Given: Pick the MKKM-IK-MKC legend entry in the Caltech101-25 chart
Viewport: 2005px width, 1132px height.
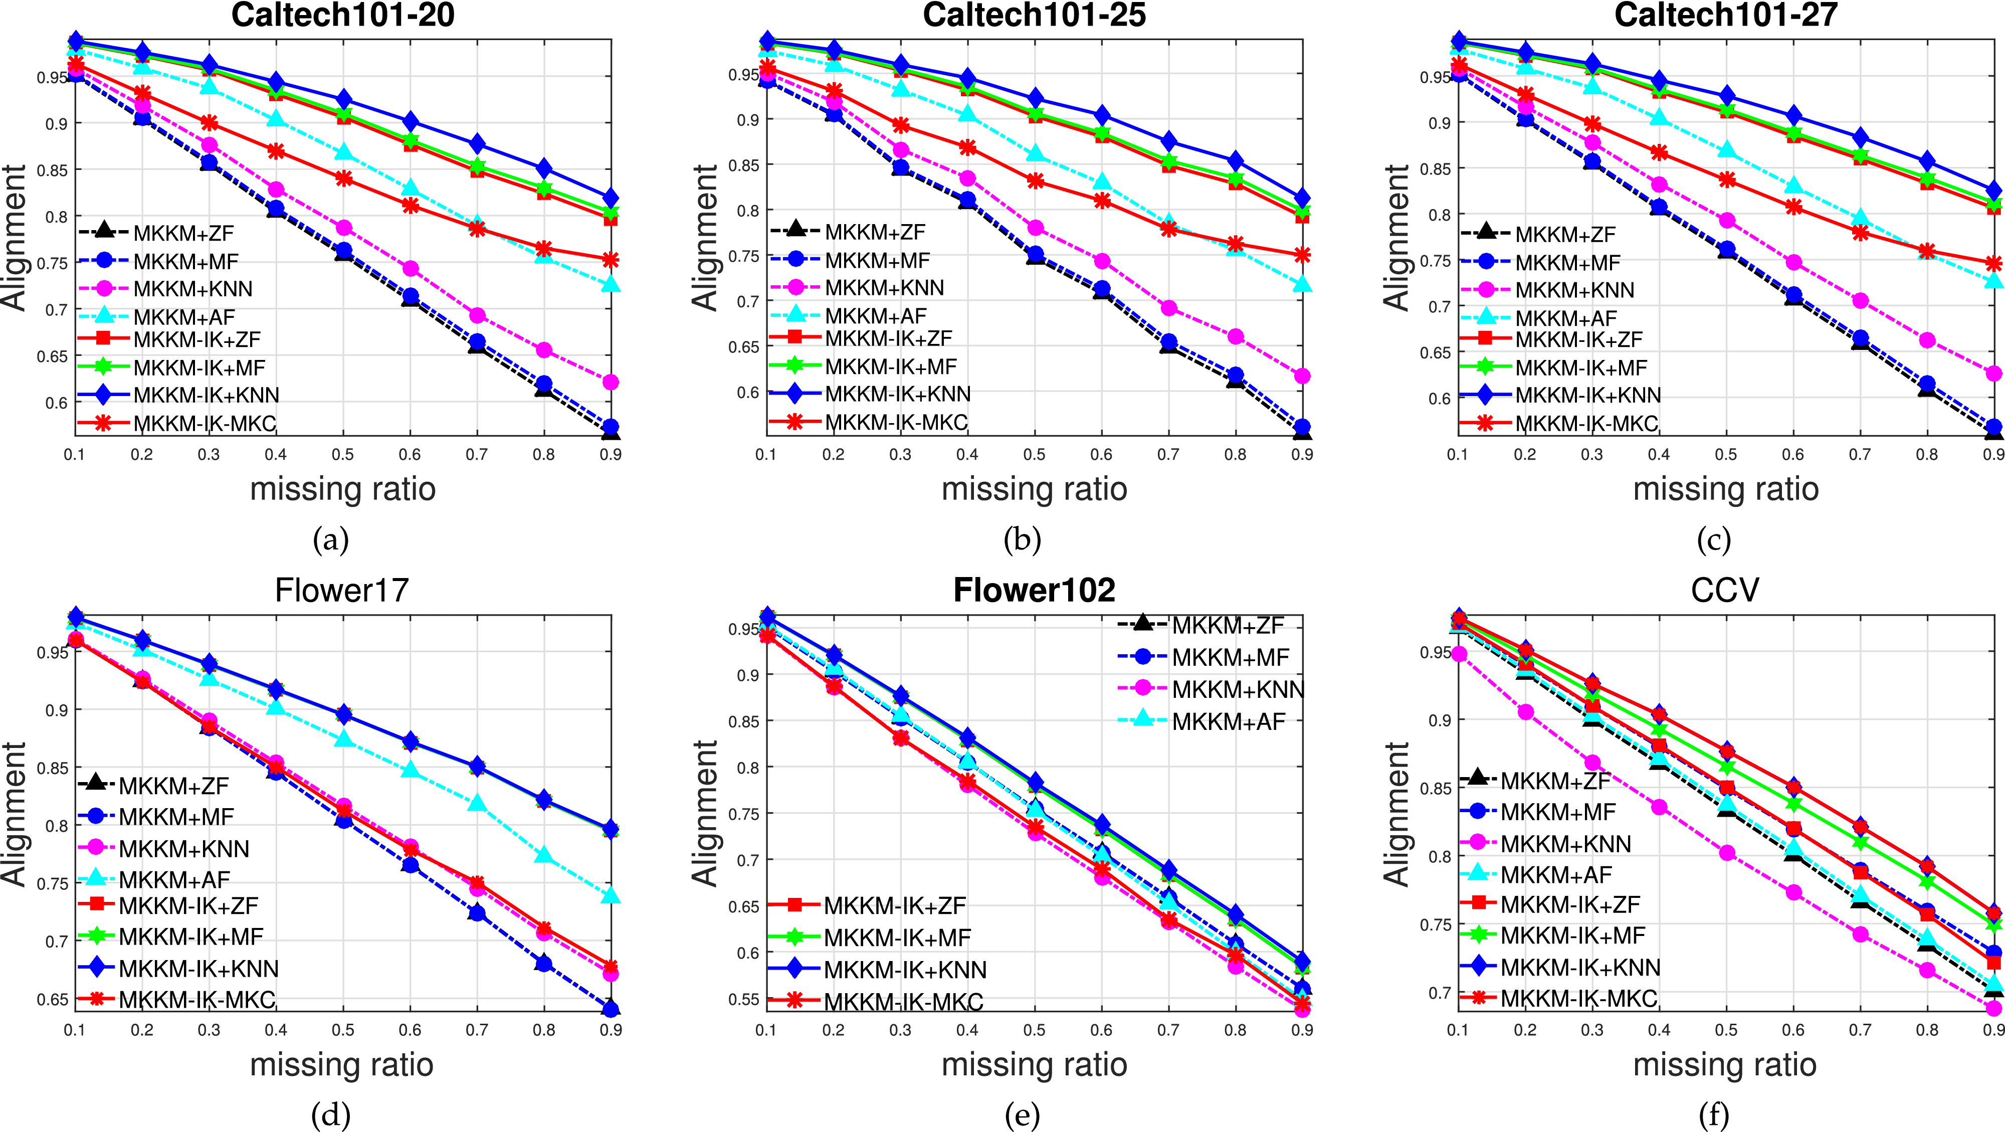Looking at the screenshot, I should point(896,423).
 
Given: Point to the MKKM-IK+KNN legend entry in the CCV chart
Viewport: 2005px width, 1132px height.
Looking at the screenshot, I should point(1580,968).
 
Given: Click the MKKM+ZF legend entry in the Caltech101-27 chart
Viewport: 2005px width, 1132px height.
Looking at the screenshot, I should point(1564,234).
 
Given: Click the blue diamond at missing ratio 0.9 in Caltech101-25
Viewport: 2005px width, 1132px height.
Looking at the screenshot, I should point(1302,200).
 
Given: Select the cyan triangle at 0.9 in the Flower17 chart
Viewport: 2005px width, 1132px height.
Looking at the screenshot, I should point(611,896).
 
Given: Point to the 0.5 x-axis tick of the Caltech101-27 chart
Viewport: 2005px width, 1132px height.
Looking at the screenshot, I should point(1726,455).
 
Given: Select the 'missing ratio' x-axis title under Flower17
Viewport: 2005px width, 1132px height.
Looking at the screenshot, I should point(342,1065).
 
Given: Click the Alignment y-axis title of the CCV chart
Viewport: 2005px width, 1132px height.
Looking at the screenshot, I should point(1397,814).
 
